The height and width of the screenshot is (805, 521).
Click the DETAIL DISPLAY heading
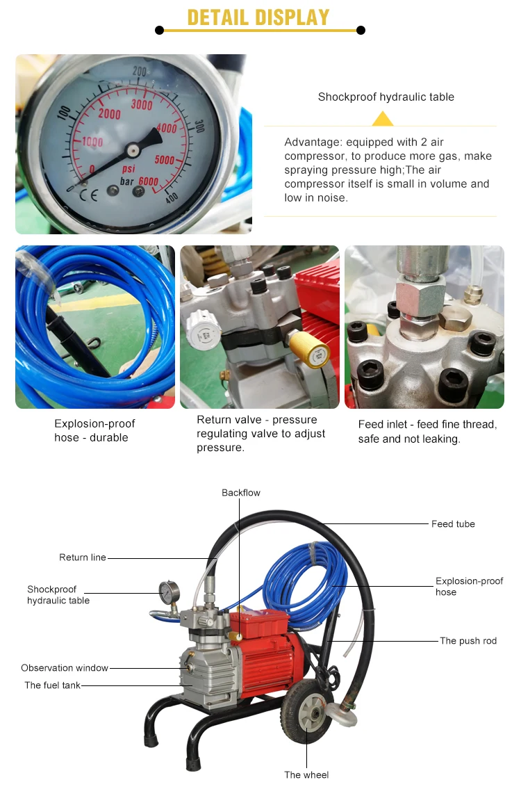click(258, 17)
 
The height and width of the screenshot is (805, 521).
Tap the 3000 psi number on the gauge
click(142, 105)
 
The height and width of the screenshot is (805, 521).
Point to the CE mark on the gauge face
click(88, 195)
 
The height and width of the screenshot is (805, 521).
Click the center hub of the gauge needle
click(133, 150)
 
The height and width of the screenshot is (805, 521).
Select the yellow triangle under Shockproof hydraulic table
click(383, 119)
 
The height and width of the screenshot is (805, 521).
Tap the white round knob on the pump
click(204, 330)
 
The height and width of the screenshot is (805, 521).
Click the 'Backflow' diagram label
click(241, 493)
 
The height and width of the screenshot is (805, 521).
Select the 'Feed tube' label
click(454, 524)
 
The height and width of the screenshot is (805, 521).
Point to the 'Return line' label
click(83, 558)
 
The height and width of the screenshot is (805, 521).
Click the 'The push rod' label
click(468, 641)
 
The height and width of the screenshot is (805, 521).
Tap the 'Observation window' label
click(65, 668)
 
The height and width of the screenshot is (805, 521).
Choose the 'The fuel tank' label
click(52, 685)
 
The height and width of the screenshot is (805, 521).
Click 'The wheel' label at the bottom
click(306, 775)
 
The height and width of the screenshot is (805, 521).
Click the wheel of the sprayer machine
click(307, 712)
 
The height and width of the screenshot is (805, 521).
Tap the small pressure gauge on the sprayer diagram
click(169, 592)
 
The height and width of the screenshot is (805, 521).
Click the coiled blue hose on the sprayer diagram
click(306, 580)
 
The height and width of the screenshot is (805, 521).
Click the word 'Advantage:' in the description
click(313, 143)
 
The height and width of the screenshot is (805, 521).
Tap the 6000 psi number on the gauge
click(148, 181)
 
